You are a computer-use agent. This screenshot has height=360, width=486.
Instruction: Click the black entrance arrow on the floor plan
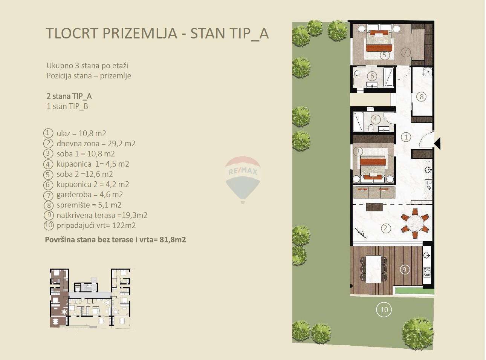coord(437,144)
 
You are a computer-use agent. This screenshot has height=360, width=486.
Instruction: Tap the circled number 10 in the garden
coord(384,309)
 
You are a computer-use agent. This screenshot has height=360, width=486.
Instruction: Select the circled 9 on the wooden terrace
coord(405,270)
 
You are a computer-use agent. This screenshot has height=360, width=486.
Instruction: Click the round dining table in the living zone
coord(415,224)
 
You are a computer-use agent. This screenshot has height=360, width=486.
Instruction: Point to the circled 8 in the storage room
coord(421,97)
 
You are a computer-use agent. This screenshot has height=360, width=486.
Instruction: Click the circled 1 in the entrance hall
coord(406,137)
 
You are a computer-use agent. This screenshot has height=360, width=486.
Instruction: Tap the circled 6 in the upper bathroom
coord(372,76)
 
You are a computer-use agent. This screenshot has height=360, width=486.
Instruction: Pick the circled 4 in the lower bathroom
coord(375,119)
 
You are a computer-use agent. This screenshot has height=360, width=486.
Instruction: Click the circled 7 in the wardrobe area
coord(405,52)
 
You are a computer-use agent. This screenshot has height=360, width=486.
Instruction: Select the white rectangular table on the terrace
coord(374,269)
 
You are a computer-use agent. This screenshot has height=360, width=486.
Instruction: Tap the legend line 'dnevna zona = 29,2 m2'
coord(96,144)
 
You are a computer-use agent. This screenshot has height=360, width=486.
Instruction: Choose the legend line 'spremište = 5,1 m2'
coord(89,205)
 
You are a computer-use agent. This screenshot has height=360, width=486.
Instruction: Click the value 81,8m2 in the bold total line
coord(173,240)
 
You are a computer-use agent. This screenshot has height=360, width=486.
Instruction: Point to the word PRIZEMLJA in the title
coord(139,33)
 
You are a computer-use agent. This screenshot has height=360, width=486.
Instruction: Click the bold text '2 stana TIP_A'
coord(69,96)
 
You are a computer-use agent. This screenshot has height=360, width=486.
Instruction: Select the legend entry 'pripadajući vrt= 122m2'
coord(96,225)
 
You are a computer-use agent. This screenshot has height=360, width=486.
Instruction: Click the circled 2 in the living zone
coord(385,228)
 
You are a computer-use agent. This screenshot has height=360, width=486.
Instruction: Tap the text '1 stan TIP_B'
coord(67,106)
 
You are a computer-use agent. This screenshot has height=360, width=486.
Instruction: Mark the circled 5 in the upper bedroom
coord(384,55)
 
